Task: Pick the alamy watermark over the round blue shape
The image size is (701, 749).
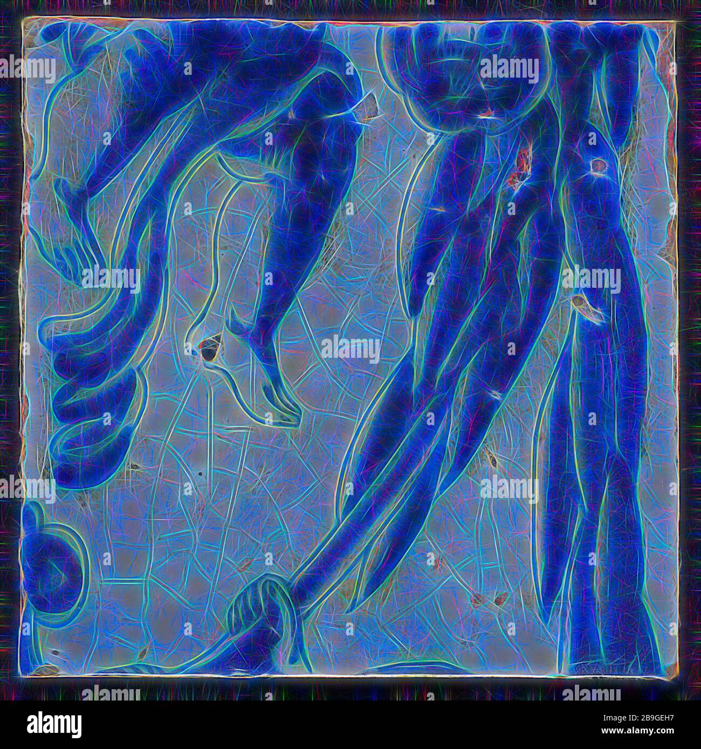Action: click(509, 70)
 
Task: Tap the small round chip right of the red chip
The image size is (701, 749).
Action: click(597, 167)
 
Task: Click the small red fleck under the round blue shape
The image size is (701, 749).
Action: click(488, 113)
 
